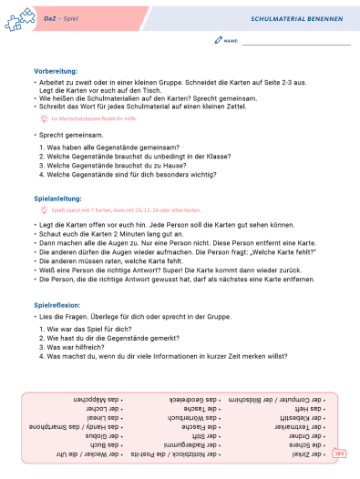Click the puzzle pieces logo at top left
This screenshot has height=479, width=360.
(x=19, y=17)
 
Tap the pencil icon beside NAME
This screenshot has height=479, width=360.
(x=217, y=41)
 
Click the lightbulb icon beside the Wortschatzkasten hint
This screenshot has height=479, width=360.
(x=43, y=118)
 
